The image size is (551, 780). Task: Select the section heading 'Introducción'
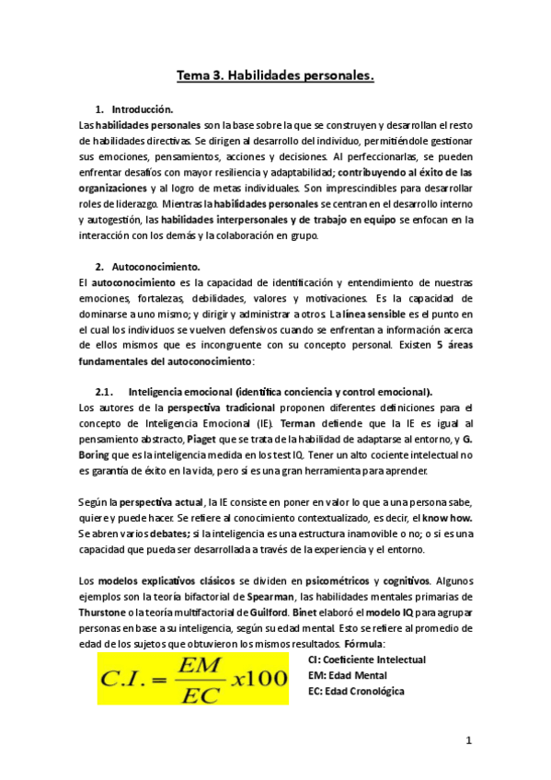[155, 109]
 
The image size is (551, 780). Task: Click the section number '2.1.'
[109, 391]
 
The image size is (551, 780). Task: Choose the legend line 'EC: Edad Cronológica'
[356, 692]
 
